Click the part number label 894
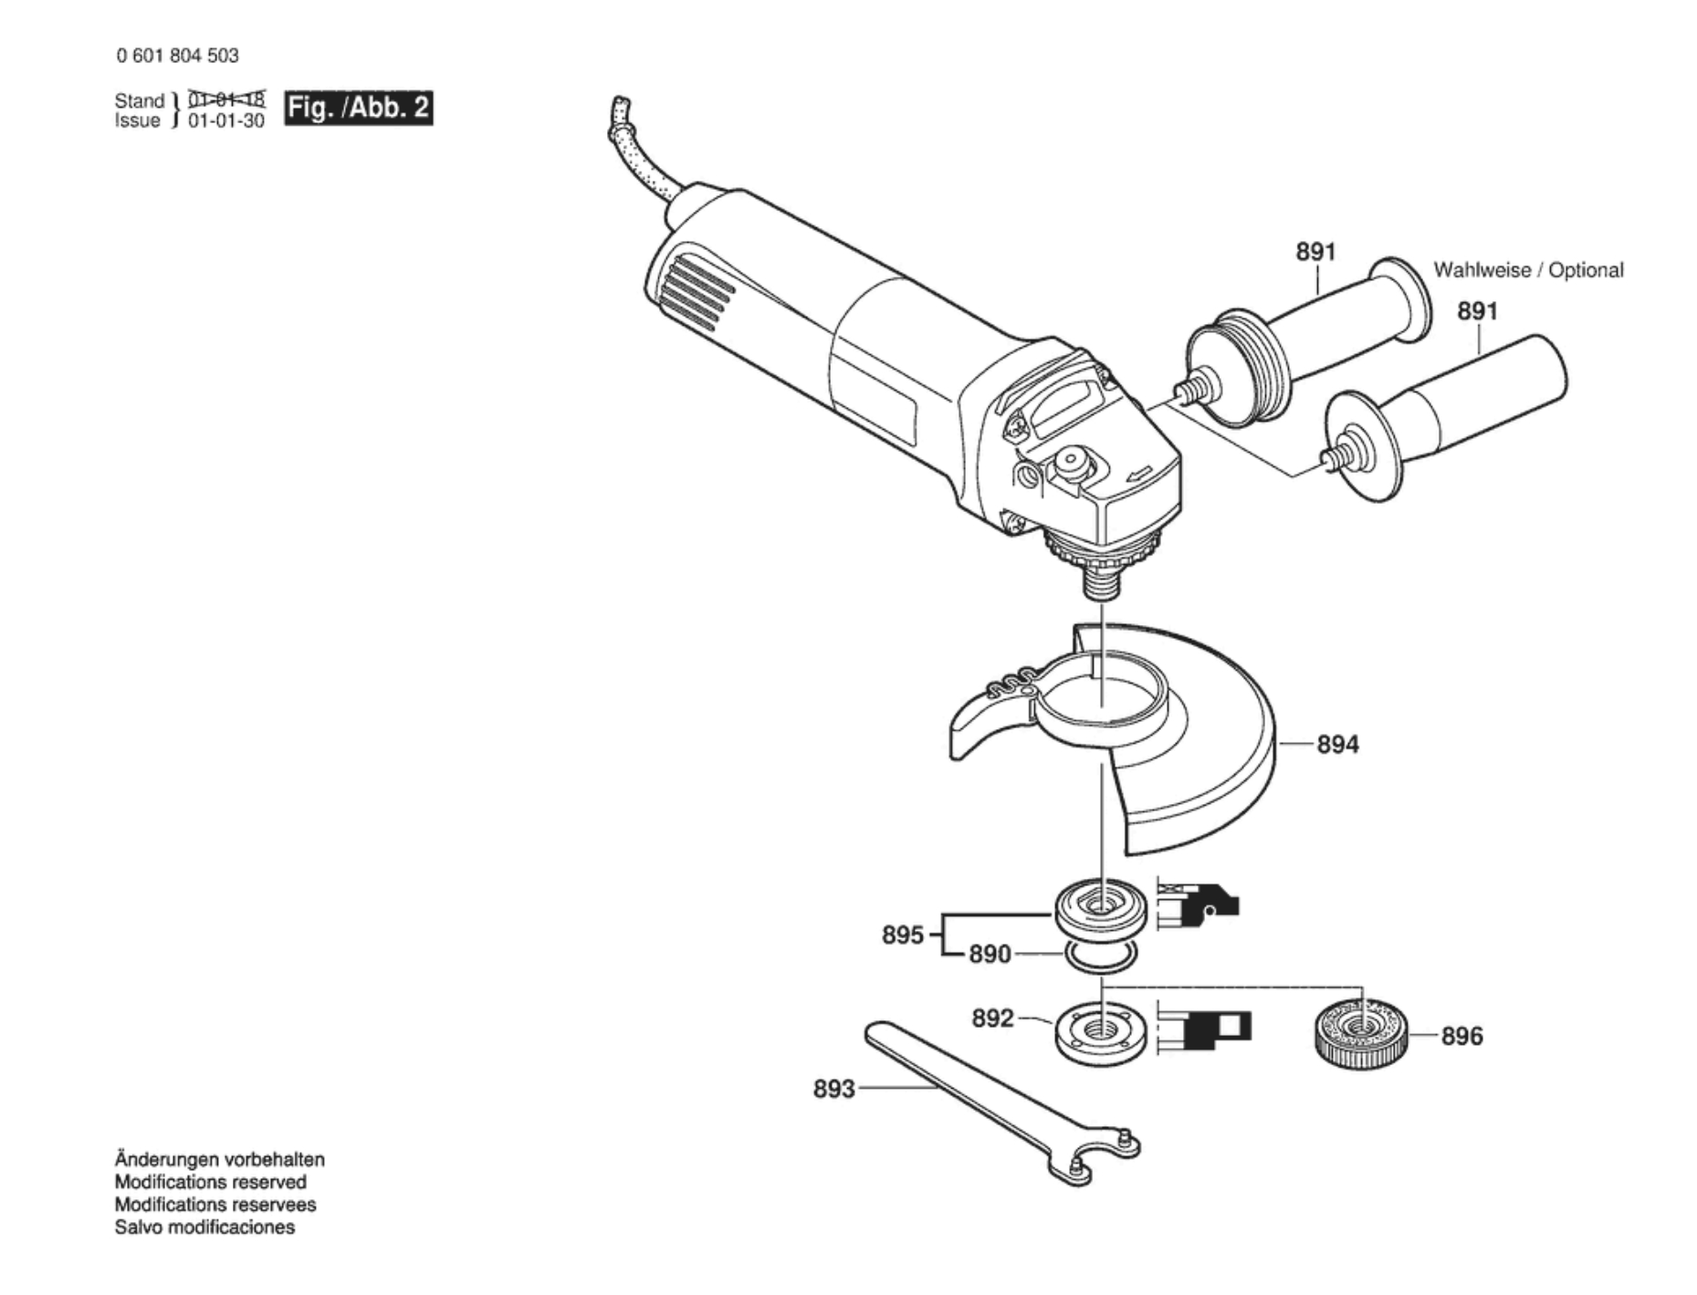1337,745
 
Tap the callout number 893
833,1089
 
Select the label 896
1461,1036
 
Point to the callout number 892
992,1018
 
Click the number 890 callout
990,955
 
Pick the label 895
903,935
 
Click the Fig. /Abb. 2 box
358,109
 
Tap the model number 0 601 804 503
177,56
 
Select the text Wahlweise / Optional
1528,270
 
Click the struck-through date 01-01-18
226,99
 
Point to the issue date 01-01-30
226,120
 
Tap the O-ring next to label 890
1101,956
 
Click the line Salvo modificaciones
204,1227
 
